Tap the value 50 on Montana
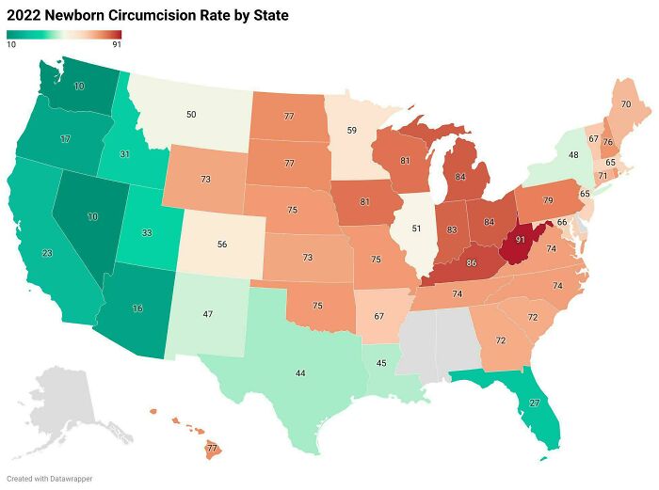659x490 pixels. [191, 114]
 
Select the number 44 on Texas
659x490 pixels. [300, 373]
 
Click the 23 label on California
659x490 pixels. [47, 253]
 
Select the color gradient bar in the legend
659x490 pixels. [64, 35]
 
